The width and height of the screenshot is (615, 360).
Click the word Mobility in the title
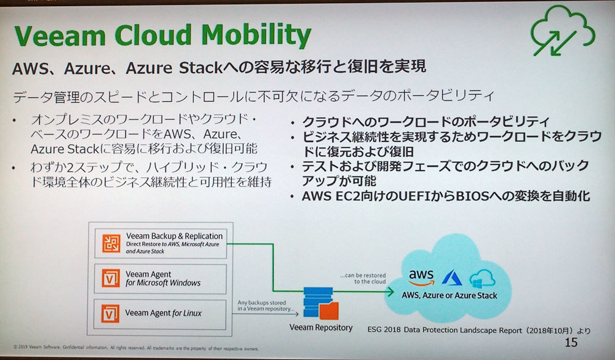point(256,35)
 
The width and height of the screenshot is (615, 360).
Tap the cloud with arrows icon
point(563,31)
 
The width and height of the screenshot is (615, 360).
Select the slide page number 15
point(571,342)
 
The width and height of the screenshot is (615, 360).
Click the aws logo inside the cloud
point(421,278)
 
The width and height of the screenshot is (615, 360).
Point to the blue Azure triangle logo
point(452,278)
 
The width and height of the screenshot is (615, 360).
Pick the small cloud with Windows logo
point(482,278)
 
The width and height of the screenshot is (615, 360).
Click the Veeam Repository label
point(321,327)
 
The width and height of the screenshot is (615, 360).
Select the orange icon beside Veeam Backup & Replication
point(111,244)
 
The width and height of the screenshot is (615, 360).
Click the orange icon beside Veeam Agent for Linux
point(110,314)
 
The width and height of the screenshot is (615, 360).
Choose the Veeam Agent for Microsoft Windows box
point(160,279)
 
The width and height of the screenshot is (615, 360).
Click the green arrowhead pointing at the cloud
point(391,291)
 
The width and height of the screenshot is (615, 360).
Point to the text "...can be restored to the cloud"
point(363,278)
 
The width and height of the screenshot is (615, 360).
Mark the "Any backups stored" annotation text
point(261,303)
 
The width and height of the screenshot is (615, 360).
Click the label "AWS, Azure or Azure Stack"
point(449,295)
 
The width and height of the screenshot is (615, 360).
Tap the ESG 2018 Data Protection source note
point(478,330)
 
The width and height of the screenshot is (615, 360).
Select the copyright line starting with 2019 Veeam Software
point(136,348)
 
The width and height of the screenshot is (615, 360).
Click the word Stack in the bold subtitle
point(201,68)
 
